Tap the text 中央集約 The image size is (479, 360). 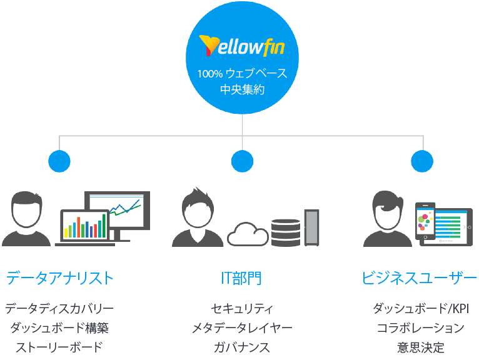(242, 90)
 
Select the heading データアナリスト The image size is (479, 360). (60, 278)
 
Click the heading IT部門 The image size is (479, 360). (242, 278)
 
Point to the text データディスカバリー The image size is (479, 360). (59, 309)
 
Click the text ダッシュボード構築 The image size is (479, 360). (59, 328)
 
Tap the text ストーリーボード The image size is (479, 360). (59, 347)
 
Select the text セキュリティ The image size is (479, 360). (242, 309)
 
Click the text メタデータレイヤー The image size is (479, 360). (242, 328)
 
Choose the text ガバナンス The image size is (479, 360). (242, 347)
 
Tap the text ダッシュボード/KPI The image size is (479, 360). (420, 309)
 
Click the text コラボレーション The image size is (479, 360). (420, 328)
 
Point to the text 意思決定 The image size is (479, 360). (420, 347)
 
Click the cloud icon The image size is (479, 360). (248, 234)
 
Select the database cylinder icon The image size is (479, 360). (286, 232)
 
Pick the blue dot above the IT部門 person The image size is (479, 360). (242, 161)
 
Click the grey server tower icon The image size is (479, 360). (311, 227)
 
